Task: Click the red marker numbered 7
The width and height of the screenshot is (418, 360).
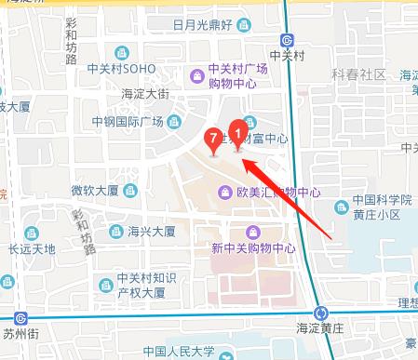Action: click(x=215, y=140)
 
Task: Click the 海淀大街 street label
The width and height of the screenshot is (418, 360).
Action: click(x=145, y=93)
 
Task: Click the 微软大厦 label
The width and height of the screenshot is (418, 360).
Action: click(x=95, y=192)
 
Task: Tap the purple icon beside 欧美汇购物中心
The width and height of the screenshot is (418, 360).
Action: click(x=224, y=193)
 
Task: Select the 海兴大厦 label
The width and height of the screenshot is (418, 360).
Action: click(x=152, y=232)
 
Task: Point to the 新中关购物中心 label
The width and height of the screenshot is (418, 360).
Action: click(x=253, y=248)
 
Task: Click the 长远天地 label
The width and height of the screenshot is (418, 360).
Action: click(x=33, y=248)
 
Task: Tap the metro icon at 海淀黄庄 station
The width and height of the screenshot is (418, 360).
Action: click(x=320, y=313)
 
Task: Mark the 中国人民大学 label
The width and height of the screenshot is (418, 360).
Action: click(x=181, y=352)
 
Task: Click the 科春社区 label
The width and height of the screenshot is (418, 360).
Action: click(x=360, y=74)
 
